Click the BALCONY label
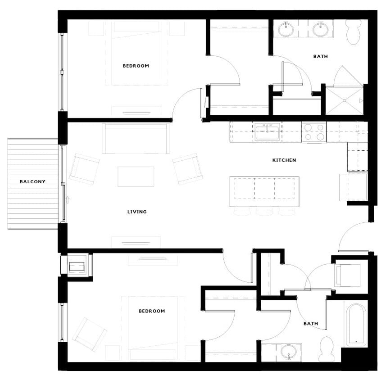(32, 182)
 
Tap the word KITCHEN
(284, 160)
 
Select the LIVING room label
(137, 212)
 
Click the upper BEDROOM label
(136, 66)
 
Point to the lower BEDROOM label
(151, 311)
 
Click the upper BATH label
(320, 57)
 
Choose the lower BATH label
(310, 324)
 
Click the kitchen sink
(267, 132)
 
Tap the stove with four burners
(314, 132)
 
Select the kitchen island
(264, 191)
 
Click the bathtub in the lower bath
(355, 325)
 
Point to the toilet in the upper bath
(354, 32)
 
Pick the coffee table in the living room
(136, 176)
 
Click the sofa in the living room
(136, 138)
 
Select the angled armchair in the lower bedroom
(90, 334)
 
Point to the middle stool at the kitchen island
(264, 212)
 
